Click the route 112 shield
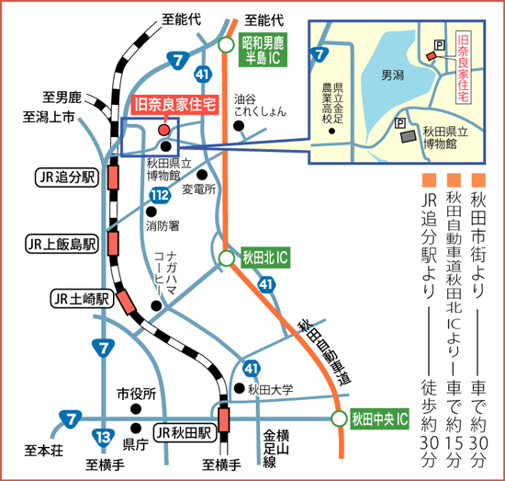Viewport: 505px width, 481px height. (x=160, y=195)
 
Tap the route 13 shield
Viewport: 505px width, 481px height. (x=103, y=437)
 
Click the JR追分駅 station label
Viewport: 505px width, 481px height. (x=67, y=178)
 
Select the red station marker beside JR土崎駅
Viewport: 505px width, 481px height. (x=126, y=302)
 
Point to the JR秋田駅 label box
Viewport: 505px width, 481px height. (x=184, y=432)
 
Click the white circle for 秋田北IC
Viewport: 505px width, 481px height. (x=227, y=258)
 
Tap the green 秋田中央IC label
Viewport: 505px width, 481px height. (x=380, y=419)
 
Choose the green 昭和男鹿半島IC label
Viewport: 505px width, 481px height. (x=263, y=50)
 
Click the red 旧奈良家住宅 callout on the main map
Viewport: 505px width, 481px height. (x=174, y=105)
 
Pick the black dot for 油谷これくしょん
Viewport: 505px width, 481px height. (x=239, y=126)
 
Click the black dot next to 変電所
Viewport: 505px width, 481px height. (x=202, y=175)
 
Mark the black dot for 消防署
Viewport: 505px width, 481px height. (x=151, y=212)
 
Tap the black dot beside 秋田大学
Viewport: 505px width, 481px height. (x=239, y=388)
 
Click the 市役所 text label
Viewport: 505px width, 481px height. (x=137, y=394)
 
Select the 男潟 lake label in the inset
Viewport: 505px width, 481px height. (x=393, y=75)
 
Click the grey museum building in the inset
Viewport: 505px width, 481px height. (x=408, y=135)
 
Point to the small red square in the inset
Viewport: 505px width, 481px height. (x=432, y=56)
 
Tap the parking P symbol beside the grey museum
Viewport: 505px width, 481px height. (x=399, y=123)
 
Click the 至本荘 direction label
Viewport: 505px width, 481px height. (x=44, y=450)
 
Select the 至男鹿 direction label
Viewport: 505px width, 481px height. (x=62, y=97)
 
